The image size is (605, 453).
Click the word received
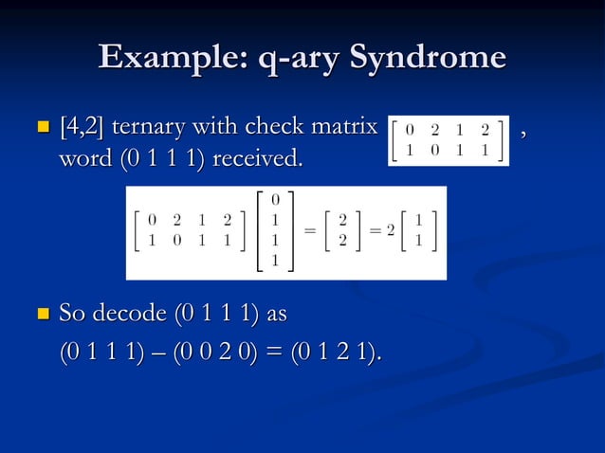coord(259,157)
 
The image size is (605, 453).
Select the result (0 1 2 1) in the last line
coord(335,353)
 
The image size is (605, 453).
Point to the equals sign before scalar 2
coord(374,232)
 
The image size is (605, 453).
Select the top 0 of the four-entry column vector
coord(275,200)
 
